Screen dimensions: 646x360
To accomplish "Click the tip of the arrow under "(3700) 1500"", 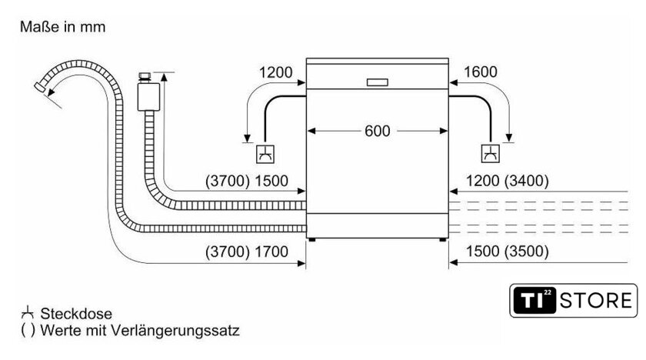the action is click(305, 191).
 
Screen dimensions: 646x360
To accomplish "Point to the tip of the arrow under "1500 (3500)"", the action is click(449, 262).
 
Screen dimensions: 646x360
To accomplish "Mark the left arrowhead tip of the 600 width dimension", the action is click(308, 131).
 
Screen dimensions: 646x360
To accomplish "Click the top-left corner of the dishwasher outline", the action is click(307, 58).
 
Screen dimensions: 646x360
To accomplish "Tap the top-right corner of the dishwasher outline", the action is click(448, 58).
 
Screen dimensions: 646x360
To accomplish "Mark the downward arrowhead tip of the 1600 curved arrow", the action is click(509, 142).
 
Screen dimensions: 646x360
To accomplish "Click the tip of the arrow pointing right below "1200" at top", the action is click(305, 83).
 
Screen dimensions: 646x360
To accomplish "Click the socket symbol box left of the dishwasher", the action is click(265, 155).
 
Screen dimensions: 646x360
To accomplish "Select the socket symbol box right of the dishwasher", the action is click(491, 154).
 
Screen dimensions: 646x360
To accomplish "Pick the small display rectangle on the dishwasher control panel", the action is click(378, 82).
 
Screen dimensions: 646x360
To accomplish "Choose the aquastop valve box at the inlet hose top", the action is click(148, 97).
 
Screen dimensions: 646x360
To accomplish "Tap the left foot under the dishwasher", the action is click(312, 240).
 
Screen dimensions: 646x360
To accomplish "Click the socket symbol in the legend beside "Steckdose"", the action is click(28, 312).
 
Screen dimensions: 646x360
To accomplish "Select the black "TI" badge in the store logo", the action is click(534, 301).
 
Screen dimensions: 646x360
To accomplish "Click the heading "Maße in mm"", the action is click(62, 27).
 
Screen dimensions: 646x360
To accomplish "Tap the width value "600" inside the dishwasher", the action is click(377, 131).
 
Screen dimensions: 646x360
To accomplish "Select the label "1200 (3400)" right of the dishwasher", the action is click(507, 181).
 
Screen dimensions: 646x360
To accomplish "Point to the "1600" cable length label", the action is click(481, 72).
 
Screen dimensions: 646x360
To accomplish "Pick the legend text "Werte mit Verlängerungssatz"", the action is click(140, 330).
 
